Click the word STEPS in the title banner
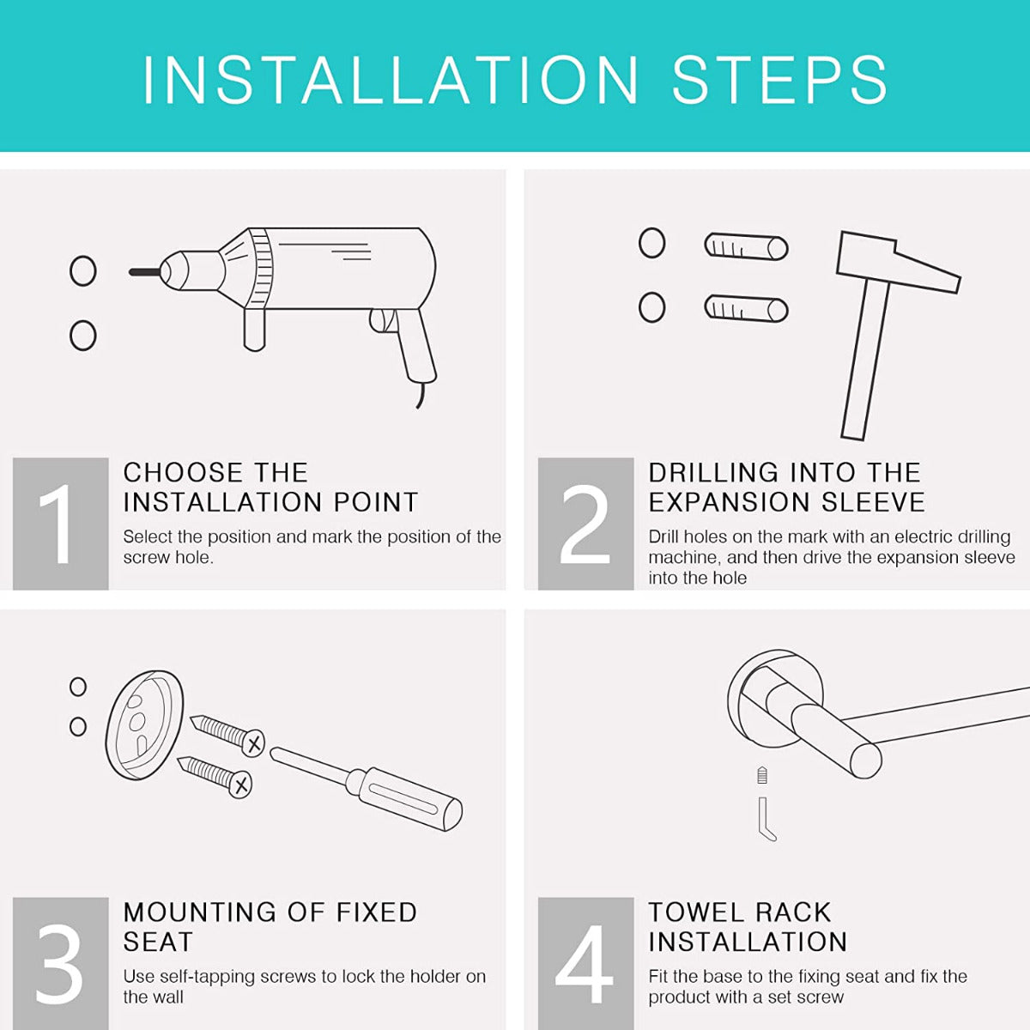coord(779,80)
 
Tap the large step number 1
coord(58,524)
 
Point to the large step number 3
coord(59,964)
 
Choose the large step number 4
coord(584,964)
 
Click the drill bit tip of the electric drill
coord(130,272)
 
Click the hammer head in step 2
coord(897,262)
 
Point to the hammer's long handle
coord(863,359)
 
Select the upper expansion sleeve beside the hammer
coord(746,246)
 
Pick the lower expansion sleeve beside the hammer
coord(746,308)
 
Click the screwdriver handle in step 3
coord(404,798)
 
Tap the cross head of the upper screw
coord(253,743)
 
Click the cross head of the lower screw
coord(240,785)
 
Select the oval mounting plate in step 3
coord(145,724)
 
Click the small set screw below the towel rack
coord(762,775)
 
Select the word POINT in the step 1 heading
coord(375,502)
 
